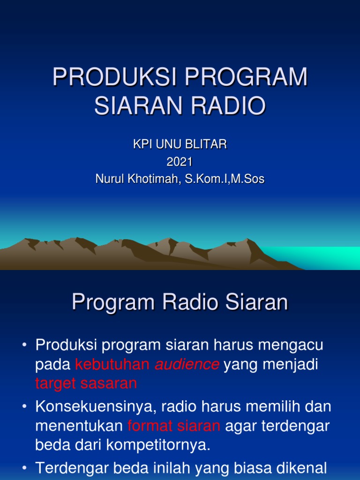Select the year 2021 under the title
click(180, 162)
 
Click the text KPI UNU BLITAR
click(180, 145)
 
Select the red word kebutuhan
click(112, 365)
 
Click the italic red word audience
click(187, 365)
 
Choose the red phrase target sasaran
click(86, 383)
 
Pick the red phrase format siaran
click(174, 426)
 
